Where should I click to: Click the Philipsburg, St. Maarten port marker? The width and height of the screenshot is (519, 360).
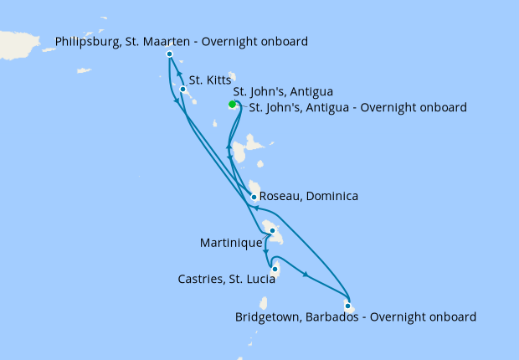170,54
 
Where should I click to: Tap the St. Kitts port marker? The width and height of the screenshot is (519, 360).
182,90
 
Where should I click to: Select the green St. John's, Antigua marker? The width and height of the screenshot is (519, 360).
232,105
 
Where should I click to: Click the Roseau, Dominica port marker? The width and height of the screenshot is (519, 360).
254,198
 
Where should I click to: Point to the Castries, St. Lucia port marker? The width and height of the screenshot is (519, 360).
275,269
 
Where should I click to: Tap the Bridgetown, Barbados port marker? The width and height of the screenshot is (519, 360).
347,306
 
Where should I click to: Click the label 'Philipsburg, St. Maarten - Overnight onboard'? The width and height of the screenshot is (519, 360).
182,41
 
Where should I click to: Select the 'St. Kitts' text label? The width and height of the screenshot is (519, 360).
209,80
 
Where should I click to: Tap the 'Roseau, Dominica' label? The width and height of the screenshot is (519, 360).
310,197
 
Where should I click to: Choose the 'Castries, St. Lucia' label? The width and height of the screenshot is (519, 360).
227,279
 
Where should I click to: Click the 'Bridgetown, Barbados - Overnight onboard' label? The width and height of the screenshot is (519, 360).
357,317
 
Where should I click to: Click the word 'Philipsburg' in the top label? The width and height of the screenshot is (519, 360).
87,41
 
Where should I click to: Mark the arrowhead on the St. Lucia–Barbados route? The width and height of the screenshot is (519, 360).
307,275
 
